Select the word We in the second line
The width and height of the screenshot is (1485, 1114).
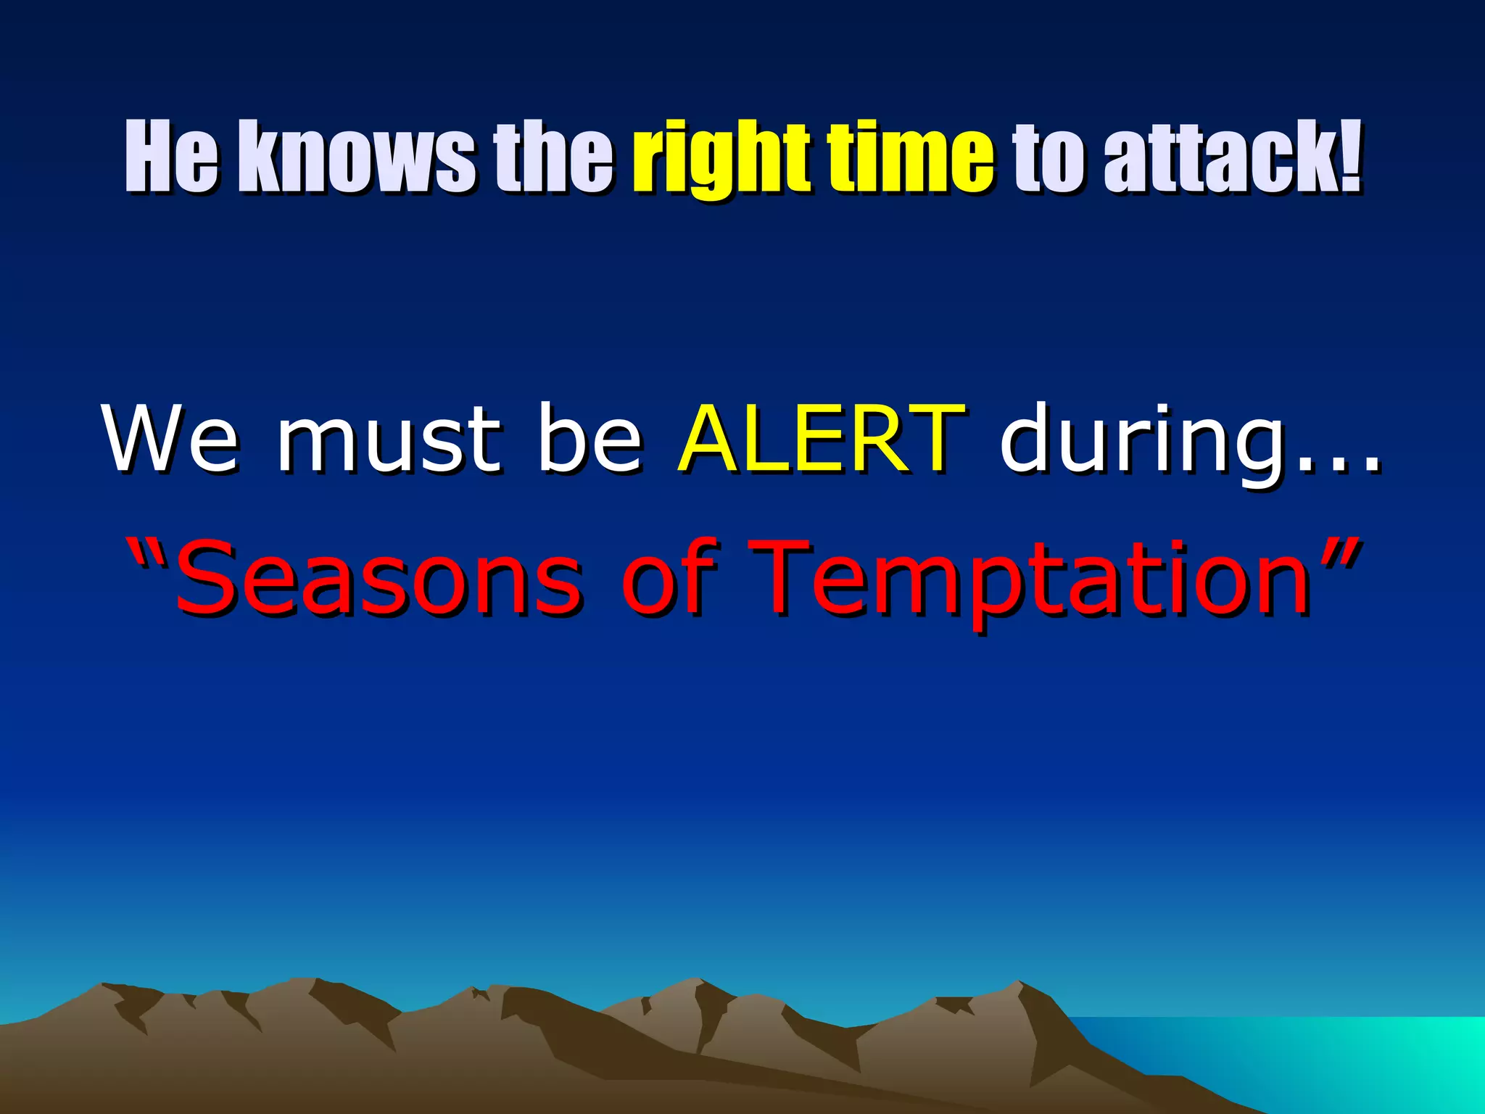[170, 439]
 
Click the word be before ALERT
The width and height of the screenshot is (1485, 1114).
[590, 439]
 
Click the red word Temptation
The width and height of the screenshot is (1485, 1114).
[1030, 580]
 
